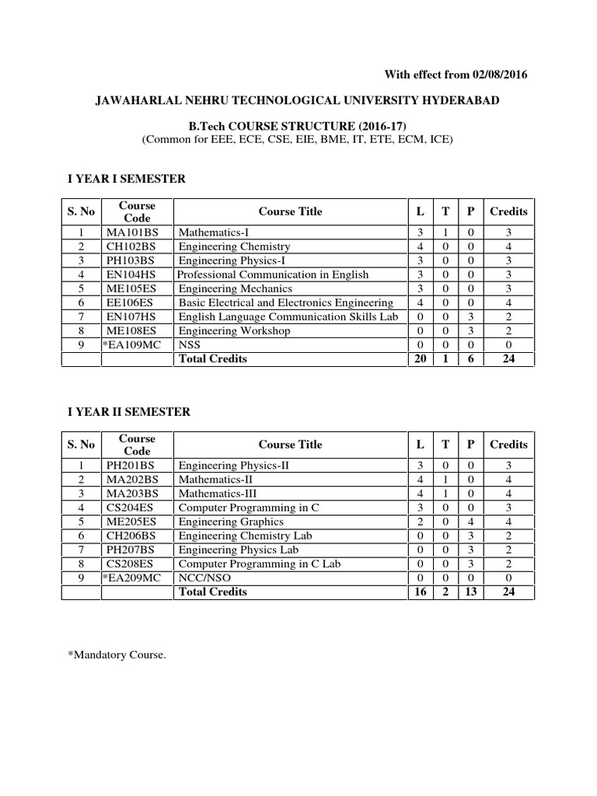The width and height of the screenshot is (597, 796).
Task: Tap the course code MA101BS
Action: coord(131,232)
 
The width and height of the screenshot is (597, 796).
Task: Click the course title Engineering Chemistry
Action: coord(234,246)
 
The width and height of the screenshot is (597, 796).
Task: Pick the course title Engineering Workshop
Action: coord(235,330)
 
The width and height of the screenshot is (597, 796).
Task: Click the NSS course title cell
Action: coord(189,344)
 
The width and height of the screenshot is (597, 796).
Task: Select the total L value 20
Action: coord(420,358)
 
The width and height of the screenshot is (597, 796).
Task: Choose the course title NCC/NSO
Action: coord(204,578)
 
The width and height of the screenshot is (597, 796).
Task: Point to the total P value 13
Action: coord(470,592)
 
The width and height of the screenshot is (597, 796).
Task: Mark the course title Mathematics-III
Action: coord(218,494)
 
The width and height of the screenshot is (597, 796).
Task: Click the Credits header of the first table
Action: coord(508,211)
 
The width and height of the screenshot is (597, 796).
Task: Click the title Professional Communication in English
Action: coord(273,274)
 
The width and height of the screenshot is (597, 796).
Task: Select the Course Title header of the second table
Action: coord(290,445)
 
